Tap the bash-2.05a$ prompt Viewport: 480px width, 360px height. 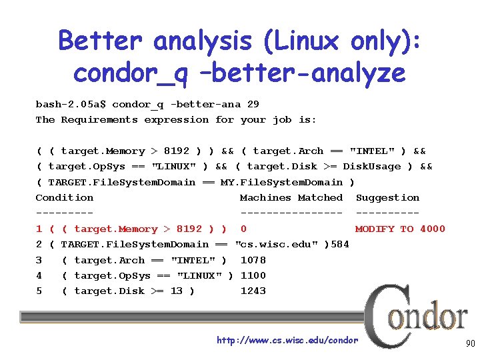pos(71,104)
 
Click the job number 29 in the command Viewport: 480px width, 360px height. pos(253,104)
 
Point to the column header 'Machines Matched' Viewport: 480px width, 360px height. pos(291,197)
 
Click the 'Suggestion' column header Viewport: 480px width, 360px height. pos(387,197)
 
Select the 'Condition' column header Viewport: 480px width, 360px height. pos(65,197)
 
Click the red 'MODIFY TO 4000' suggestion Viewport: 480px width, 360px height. pos(400,229)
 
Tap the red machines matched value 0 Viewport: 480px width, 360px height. pos(244,229)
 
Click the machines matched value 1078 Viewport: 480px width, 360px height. pos(253,260)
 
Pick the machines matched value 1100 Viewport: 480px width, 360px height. pos(253,275)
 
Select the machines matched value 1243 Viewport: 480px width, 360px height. pos(253,291)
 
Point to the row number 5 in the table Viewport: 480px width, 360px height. pos(39,291)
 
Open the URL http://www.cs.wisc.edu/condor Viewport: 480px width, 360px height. pos(287,341)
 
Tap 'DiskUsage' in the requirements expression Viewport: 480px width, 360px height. pos(372,166)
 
